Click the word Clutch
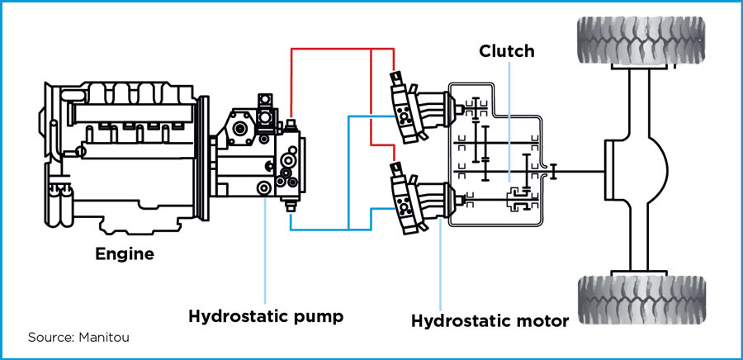point(507,51)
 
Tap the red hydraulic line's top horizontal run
point(330,49)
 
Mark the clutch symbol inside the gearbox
point(515,197)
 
